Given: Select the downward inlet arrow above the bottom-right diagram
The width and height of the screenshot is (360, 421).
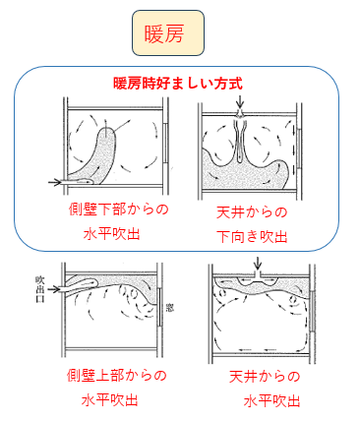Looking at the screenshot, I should (258, 265).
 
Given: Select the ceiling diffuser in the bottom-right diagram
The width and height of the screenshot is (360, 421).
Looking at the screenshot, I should (258, 280).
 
